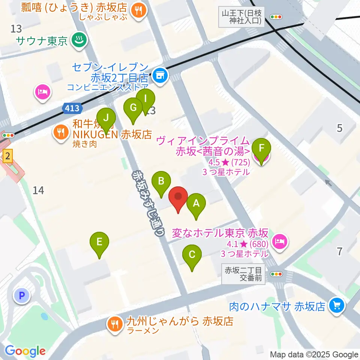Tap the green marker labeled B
(x=161, y=181)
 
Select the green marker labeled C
(x=192, y=255)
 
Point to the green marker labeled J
(x=106, y=118)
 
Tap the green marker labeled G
(x=133, y=108)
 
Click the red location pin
(x=178, y=197)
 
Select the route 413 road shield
(x=72, y=108)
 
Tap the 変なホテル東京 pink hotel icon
(x=280, y=241)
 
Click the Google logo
(x=25, y=351)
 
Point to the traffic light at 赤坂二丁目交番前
(x=277, y=274)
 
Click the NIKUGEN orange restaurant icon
(x=60, y=131)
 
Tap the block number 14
(x=38, y=190)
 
